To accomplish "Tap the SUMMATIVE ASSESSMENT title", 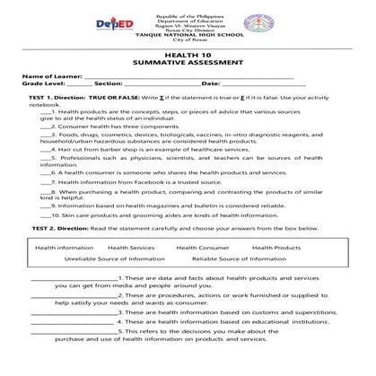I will [x=189, y=64].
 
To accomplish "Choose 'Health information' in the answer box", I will [x=63, y=247].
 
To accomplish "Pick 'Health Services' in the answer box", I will [x=130, y=247].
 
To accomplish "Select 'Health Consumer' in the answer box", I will [x=202, y=247].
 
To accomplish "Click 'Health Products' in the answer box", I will [x=275, y=247].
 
